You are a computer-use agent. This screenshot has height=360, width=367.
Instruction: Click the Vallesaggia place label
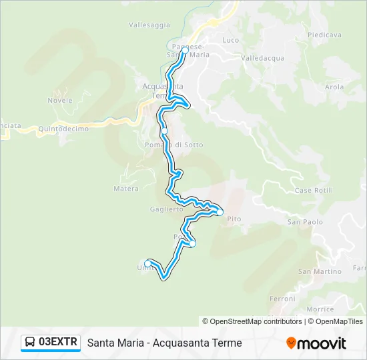click(x=149, y=25)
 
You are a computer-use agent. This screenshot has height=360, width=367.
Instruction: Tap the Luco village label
click(x=230, y=40)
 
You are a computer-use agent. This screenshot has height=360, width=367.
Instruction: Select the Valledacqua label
click(x=263, y=58)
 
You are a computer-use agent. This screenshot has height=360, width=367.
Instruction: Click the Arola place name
click(x=334, y=87)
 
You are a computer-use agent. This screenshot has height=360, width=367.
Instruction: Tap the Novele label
click(x=60, y=100)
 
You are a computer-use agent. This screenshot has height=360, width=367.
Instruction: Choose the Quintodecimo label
click(x=63, y=129)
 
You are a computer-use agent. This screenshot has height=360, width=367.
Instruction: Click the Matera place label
click(x=125, y=189)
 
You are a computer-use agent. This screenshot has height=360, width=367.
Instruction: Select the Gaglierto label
click(x=166, y=209)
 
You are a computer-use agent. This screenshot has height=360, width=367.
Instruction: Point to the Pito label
click(x=234, y=218)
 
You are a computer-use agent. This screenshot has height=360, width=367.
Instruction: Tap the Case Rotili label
click(x=313, y=191)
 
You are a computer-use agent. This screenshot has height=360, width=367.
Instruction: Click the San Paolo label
click(x=305, y=221)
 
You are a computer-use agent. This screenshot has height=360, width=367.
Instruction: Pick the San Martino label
click(x=315, y=271)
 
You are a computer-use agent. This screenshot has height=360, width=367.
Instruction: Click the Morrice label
click(x=320, y=309)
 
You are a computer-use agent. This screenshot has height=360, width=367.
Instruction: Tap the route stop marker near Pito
click(x=220, y=212)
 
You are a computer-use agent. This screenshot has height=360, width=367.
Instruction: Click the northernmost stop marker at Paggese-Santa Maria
click(x=185, y=50)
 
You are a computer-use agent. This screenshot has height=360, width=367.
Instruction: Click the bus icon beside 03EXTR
click(x=29, y=343)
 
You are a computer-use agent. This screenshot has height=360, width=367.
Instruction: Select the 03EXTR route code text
click(x=58, y=343)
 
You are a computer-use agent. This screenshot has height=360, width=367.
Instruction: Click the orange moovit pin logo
click(x=291, y=343)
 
